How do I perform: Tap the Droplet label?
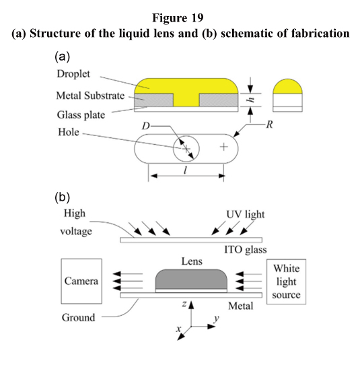pyautogui.click(x=73, y=74)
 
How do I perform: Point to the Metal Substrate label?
pyautogui.click(x=90, y=96)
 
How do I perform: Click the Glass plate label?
pyautogui.click(x=81, y=115)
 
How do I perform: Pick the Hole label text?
pyautogui.click(x=69, y=132)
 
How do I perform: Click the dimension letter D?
pyautogui.click(x=145, y=126)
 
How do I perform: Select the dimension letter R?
pyautogui.click(x=269, y=125)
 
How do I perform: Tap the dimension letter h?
pyautogui.click(x=251, y=100)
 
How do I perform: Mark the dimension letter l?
pyautogui.click(x=185, y=170)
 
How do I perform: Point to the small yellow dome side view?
pyautogui.click(x=287, y=86)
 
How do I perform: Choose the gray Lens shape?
pyautogui.click(x=191, y=279)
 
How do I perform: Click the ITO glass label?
pyautogui.click(x=246, y=250)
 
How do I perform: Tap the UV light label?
pyautogui.click(x=246, y=214)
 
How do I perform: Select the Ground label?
pyautogui.click(x=78, y=317)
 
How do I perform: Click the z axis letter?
pyautogui.click(x=184, y=303)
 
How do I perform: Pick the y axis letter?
pyautogui.click(x=217, y=319)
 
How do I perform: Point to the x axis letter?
pyautogui.click(x=178, y=329)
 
